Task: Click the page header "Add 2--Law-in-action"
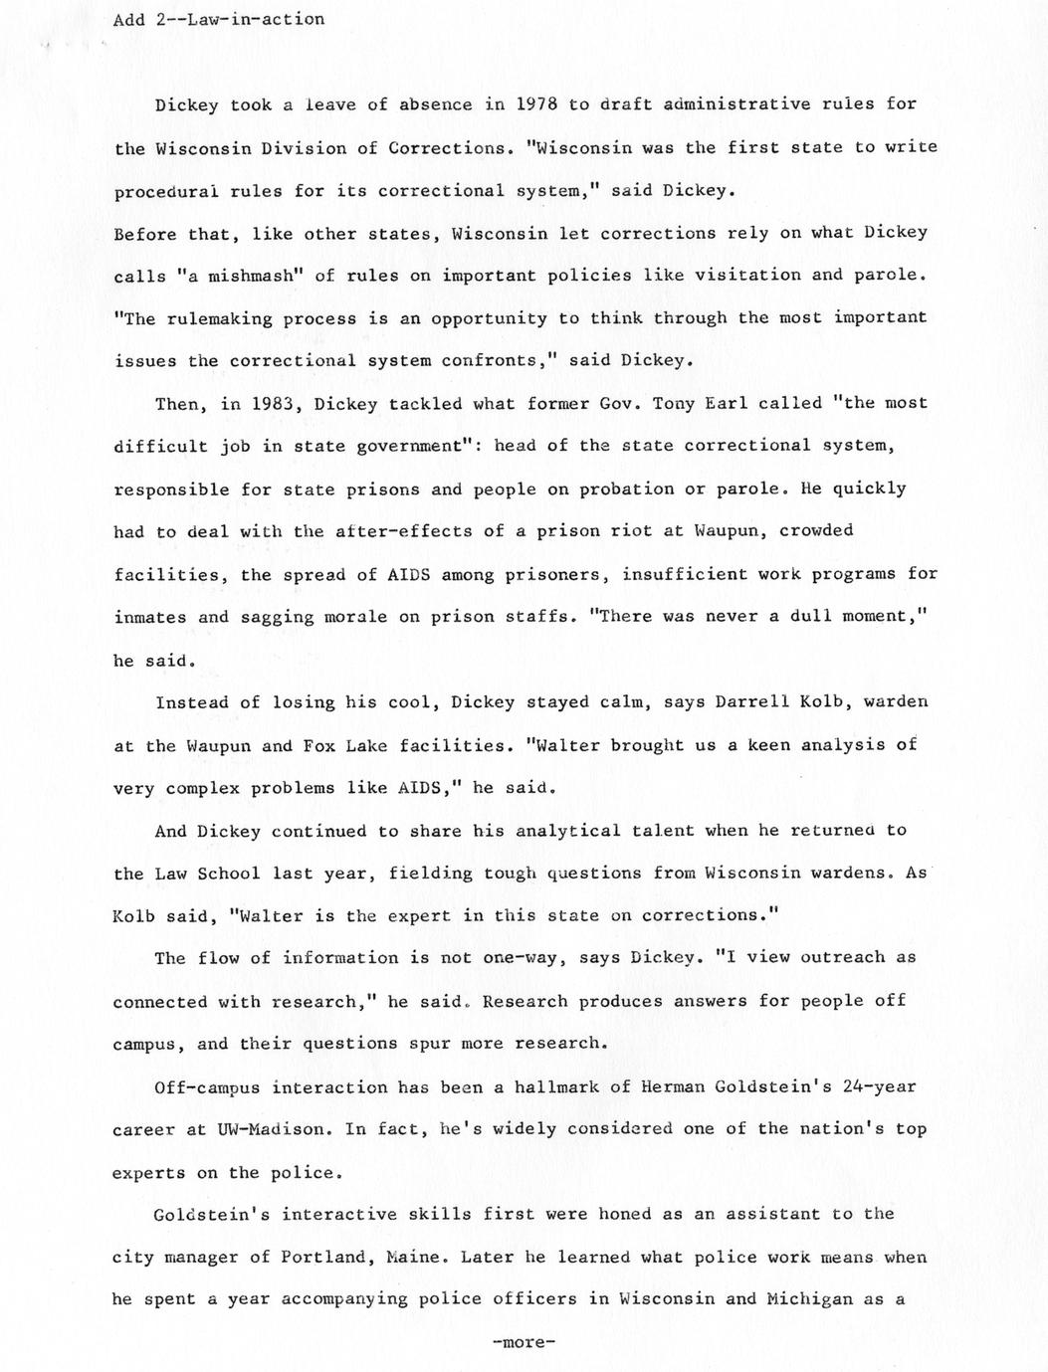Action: [219, 19]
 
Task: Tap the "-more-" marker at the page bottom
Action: [524, 1342]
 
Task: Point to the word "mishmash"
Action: [242, 276]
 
